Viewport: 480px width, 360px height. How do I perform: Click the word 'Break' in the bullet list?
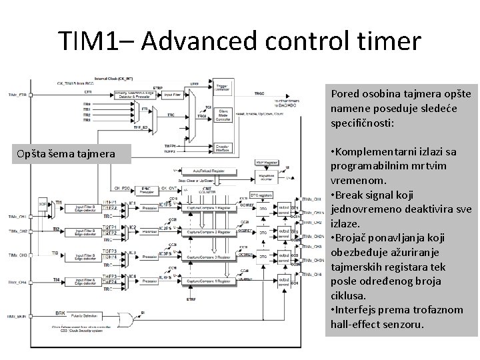[x=351, y=195]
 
